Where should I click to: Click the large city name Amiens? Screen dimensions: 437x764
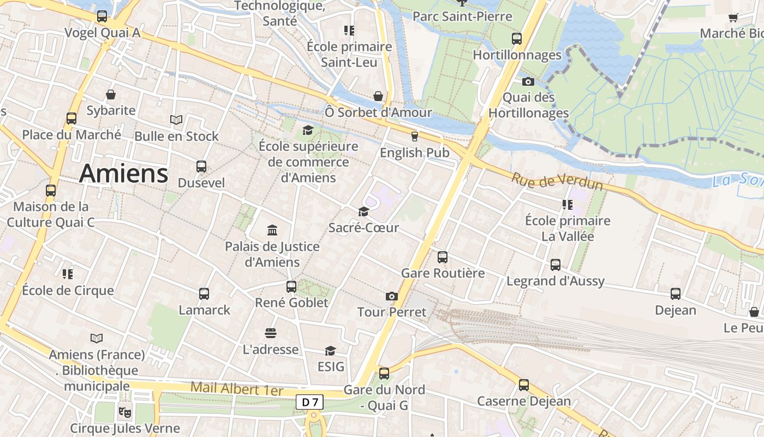tap(123, 174)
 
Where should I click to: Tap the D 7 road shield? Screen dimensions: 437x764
tap(309, 403)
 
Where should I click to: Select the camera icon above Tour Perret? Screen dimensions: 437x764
tap(391, 296)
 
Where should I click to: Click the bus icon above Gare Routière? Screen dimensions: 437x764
tap(443, 257)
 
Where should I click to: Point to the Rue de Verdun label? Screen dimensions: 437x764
tap(557, 181)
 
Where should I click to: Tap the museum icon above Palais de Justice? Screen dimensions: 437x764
tap(272, 231)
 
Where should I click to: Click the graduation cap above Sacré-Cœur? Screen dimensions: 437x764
tap(363, 212)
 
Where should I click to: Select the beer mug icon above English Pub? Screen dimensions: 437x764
tap(414, 137)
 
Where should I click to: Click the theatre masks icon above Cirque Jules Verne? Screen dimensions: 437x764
tap(125, 411)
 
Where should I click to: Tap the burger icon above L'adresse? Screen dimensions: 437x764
tap(271, 333)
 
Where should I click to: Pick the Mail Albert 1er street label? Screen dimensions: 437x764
tap(237, 389)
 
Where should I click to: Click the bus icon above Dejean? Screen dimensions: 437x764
tap(676, 294)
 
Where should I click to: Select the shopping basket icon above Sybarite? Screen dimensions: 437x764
tap(111, 95)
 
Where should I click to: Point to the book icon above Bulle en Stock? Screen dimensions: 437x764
tap(176, 120)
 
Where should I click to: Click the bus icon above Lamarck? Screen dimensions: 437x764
tap(204, 294)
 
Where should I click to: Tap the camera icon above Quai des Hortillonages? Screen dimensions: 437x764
tap(528, 82)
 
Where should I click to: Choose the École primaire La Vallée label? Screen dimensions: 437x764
tap(568, 229)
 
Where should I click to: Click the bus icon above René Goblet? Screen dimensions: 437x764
tap(291, 286)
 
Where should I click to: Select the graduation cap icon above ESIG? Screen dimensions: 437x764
tap(331, 350)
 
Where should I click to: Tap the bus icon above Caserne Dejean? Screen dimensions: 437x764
tap(524, 385)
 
